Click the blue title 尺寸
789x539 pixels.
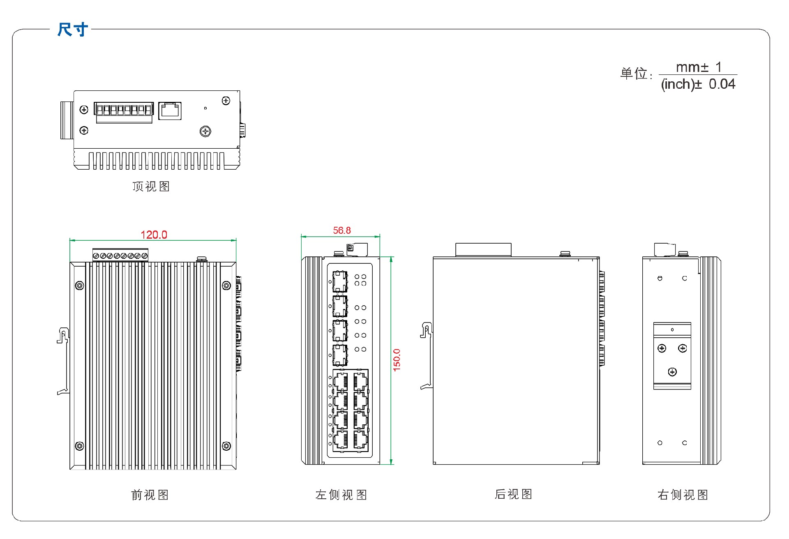coord(73,30)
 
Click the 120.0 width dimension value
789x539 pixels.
coord(154,235)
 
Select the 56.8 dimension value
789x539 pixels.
coord(341,230)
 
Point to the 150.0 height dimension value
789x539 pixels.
coord(397,360)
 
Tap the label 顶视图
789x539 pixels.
coord(151,187)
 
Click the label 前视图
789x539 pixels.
coord(150,495)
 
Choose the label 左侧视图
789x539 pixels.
coord(341,495)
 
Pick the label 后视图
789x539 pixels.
coord(514,494)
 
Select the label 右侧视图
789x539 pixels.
coord(683,495)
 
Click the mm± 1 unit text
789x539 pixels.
coord(699,67)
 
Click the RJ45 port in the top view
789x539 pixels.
coord(170,111)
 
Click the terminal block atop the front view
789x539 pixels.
coord(120,255)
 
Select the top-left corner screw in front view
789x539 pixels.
coord(80,286)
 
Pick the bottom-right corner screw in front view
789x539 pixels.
coord(226,446)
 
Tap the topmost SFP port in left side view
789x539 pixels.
coord(340,281)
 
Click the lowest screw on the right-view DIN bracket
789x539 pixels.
coord(672,372)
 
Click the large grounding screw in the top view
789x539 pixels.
coord(205,131)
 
